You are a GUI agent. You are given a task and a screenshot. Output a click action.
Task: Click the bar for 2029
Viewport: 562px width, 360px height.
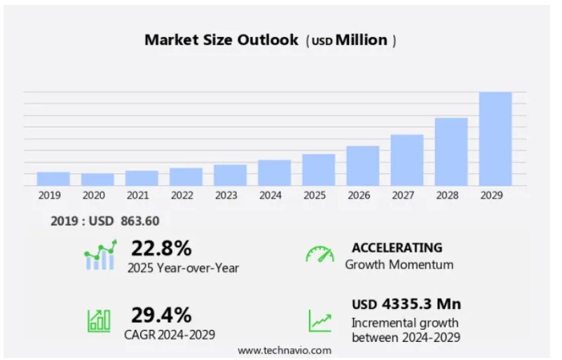495,139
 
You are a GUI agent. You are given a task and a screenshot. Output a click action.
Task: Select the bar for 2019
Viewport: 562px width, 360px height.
53,179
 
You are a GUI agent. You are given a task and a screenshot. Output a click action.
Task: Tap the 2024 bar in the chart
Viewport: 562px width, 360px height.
274,172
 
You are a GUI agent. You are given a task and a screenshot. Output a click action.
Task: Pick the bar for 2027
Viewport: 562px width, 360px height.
407,160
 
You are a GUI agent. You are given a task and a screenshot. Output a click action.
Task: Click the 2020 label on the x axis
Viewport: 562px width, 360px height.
93,195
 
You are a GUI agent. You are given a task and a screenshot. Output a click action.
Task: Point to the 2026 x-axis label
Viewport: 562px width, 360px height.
358,195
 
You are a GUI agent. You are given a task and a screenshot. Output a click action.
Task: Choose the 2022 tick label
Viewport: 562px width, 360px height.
181,195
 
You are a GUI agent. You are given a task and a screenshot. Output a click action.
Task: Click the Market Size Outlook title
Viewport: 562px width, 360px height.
221,40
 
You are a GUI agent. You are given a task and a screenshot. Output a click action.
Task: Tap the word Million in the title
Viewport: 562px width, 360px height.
361,40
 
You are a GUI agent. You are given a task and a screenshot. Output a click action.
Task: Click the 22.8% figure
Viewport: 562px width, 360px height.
161,248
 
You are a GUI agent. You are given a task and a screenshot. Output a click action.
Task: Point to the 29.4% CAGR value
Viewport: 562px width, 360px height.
161,314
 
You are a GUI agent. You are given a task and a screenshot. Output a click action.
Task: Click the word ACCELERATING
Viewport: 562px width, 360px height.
397,247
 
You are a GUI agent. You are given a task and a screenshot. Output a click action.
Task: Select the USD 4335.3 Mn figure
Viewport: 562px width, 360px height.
406,304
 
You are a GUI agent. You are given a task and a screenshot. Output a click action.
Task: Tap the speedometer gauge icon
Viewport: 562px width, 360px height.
320,254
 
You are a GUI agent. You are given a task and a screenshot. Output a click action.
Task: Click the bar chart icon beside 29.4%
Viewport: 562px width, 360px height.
99,320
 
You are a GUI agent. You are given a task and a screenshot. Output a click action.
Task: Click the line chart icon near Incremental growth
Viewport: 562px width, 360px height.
320,321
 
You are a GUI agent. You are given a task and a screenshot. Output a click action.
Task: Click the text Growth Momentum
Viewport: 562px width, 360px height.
399,265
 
